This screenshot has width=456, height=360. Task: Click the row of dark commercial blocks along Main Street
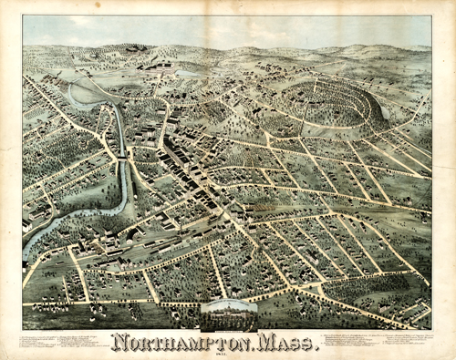point(182,164)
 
